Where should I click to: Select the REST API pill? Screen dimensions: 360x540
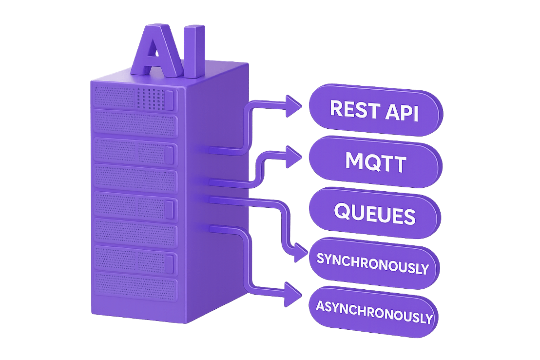tap(375, 110)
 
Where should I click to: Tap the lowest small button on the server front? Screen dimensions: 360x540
tap(169, 263)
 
